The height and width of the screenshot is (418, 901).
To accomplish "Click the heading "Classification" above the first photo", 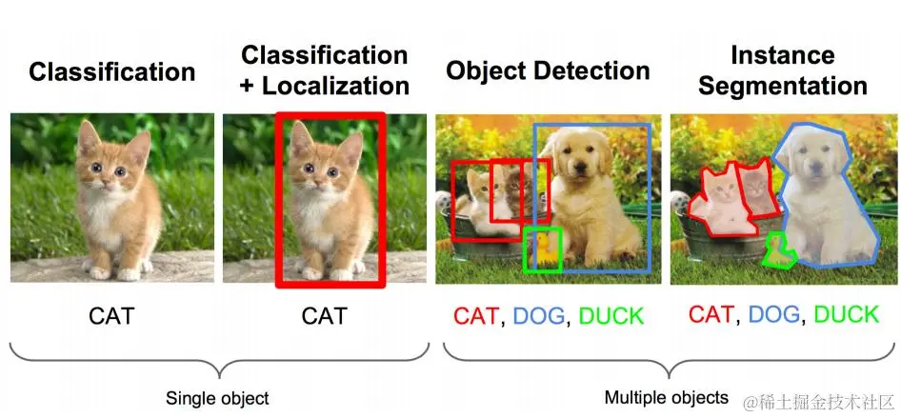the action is click(112, 71).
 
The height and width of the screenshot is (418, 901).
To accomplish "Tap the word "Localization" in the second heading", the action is click(336, 85).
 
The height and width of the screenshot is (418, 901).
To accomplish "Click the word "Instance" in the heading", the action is click(782, 54).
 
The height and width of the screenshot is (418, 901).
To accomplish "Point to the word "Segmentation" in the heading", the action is click(782, 86).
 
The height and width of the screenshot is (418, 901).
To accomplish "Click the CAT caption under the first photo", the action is click(111, 315).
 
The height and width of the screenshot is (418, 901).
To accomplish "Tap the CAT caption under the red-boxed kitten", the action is click(325, 315).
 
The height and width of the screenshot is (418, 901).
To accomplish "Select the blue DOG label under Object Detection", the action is click(538, 316).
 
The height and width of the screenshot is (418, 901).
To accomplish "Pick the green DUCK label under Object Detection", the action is click(611, 316).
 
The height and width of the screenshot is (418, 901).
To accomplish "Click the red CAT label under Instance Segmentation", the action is click(711, 314).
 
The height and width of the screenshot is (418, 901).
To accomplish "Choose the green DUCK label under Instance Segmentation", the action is click(847, 314).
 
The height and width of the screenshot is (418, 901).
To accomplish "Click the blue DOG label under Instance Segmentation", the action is click(773, 314).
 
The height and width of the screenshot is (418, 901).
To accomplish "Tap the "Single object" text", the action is click(217, 398).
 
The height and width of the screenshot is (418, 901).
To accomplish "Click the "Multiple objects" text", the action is click(667, 397).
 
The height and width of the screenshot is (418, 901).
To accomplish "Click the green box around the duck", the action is click(544, 229).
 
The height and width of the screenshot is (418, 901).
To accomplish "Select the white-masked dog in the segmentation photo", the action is click(825, 205).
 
